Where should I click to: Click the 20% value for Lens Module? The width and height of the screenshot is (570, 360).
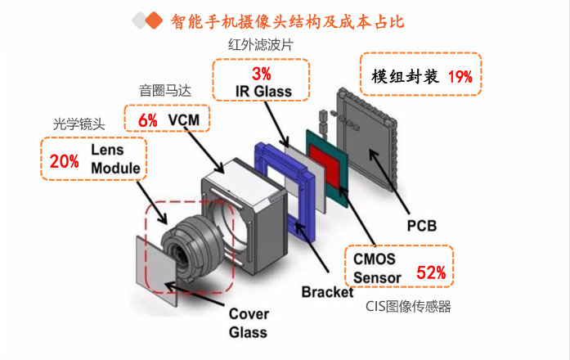(64, 161)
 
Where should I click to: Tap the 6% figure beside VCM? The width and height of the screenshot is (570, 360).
(147, 120)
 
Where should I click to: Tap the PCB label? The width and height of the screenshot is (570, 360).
(422, 224)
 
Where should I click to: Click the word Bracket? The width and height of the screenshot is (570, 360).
(327, 292)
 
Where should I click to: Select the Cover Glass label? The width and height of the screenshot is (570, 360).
(248, 322)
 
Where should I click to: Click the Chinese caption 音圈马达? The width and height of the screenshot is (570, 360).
(164, 89)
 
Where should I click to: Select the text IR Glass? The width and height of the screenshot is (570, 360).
(264, 90)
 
